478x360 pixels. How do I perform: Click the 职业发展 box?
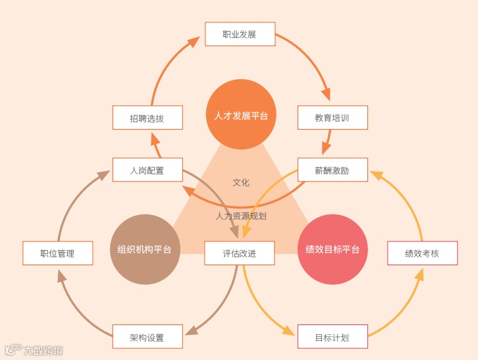240,34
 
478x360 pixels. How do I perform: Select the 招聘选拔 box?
147,118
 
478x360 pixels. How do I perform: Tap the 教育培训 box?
332,118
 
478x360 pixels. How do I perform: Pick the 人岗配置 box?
147,170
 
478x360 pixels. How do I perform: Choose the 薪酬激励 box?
332,170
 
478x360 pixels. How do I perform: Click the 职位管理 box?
57,253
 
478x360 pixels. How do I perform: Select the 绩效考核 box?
422,253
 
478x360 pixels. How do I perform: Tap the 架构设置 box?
147,338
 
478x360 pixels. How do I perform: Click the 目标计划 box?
332,338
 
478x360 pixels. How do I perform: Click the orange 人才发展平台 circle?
241,115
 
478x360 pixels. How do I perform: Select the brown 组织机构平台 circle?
144,249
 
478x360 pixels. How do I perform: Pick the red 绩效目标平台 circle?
332,249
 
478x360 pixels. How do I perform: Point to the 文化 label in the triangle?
241,182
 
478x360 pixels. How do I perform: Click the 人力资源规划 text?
241,215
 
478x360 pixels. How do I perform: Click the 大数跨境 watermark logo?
34,349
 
